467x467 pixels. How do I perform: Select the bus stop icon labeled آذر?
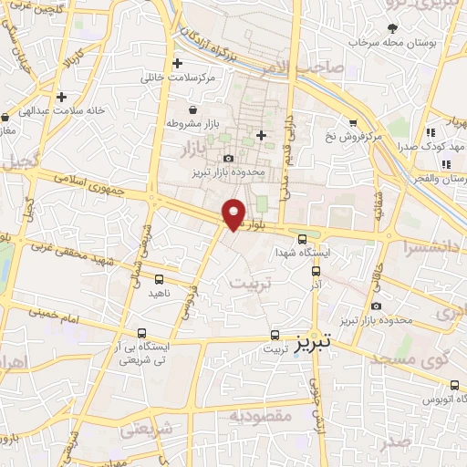click(x=316, y=270)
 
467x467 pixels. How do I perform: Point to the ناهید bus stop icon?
click(x=160, y=279)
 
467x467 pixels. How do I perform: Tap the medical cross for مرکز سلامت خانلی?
click(x=178, y=63)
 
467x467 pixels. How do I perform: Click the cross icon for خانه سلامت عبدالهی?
click(x=61, y=96)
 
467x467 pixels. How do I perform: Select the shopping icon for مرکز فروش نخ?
click(x=352, y=122)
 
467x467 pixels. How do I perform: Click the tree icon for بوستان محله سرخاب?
click(x=392, y=27)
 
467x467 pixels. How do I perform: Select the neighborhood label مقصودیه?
click(x=258, y=417)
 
